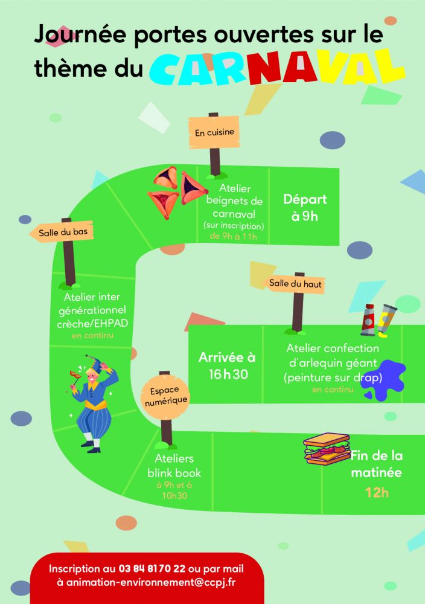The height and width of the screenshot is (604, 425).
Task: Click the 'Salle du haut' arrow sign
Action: [x=296, y=283]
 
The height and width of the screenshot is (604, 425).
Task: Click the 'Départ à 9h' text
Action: [x=305, y=208]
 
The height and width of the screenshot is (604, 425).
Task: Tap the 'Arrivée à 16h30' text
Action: [x=226, y=365]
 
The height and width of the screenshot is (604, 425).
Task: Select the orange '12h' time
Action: [x=376, y=492]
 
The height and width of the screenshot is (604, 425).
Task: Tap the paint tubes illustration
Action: [x=379, y=320]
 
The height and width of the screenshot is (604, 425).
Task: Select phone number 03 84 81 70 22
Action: [x=152, y=569]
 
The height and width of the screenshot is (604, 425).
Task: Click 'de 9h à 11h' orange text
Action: [x=233, y=236]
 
